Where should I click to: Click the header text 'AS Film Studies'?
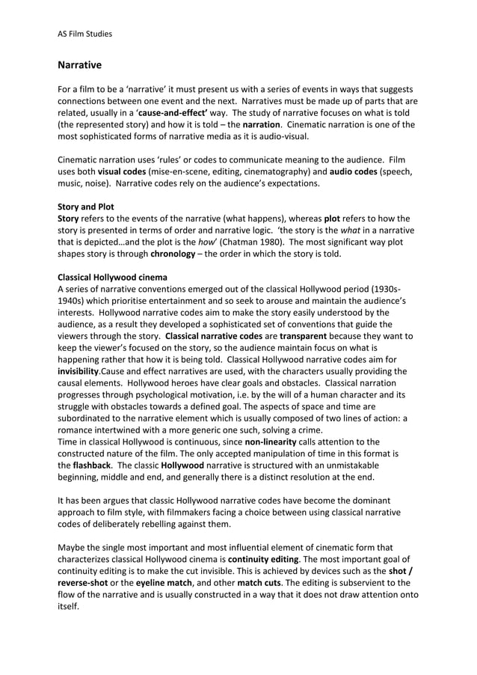point(84,33)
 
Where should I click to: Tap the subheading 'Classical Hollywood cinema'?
point(112,277)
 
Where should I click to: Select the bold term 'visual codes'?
point(123,172)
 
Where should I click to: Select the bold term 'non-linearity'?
point(276,442)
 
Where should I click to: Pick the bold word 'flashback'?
point(95,465)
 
